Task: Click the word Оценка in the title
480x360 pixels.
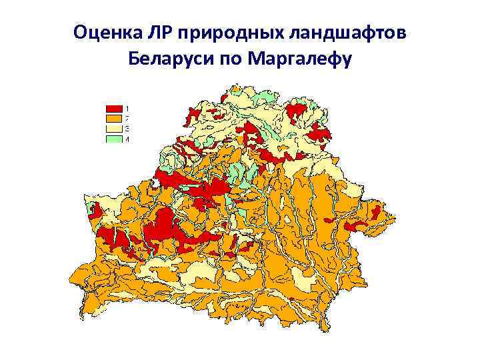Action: [104, 33]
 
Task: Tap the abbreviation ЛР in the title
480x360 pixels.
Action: [153, 33]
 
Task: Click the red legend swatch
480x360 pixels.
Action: [113, 108]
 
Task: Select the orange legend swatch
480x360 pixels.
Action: [113, 118]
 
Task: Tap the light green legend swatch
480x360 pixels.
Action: [113, 139]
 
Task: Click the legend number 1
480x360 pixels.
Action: [127, 108]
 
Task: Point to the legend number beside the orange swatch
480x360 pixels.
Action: [127, 118]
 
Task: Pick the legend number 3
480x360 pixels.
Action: [127, 128]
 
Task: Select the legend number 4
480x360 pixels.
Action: [127, 139]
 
